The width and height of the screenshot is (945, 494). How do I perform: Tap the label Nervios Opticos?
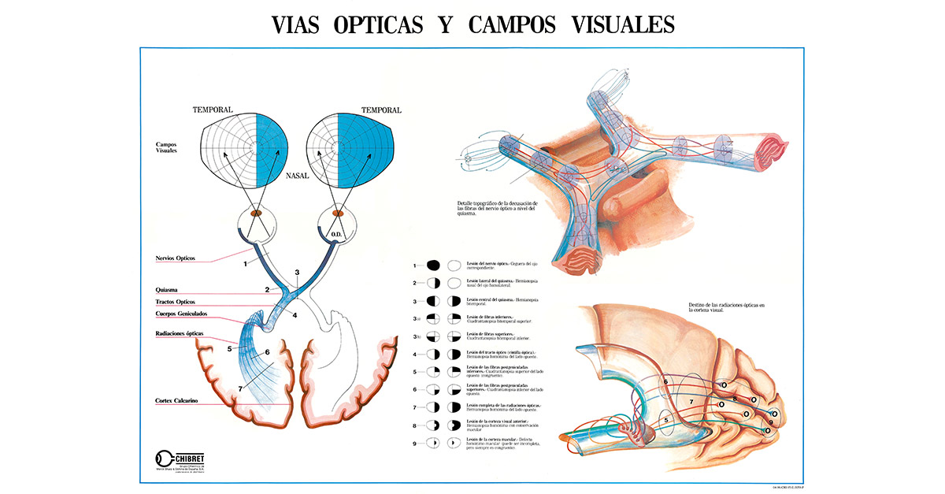click(176, 258)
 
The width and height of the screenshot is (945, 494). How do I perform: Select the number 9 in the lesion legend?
click(413, 443)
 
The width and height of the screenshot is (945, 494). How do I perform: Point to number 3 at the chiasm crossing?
click(297, 272)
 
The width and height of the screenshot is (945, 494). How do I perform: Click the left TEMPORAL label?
click(213, 110)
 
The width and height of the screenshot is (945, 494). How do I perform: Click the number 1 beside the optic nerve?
click(246, 263)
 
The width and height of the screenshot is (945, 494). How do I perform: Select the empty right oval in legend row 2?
click(455, 283)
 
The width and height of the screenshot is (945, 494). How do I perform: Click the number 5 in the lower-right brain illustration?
click(666, 420)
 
